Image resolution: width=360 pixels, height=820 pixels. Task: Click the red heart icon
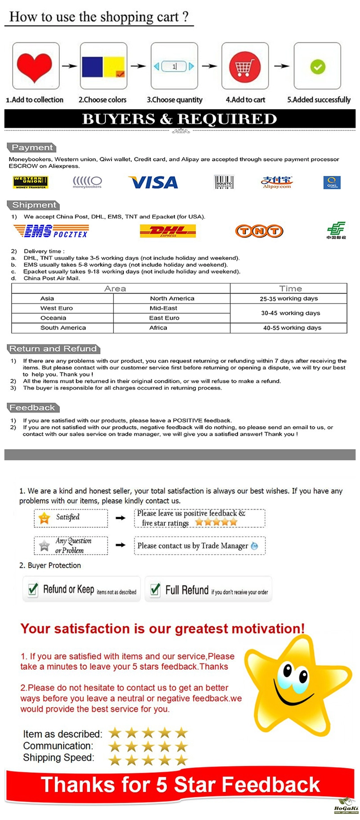[35, 66]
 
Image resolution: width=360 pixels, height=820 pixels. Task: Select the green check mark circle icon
[317, 67]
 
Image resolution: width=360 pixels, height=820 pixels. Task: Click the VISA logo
[153, 182]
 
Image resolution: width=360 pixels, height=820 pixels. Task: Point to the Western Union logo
[30, 182]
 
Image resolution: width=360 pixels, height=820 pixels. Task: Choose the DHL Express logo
[168, 231]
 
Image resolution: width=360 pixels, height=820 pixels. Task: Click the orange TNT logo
[259, 231]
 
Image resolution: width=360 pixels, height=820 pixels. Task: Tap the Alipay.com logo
[276, 182]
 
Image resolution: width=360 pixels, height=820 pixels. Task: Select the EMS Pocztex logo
[51, 231]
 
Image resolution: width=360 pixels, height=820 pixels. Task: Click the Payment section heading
[31, 148]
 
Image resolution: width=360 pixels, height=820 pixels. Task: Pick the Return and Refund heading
[54, 349]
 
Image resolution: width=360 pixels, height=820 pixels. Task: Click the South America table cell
[63, 328]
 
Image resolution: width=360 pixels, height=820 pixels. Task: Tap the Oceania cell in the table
[53, 318]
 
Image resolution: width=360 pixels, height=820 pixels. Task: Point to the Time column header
[290, 289]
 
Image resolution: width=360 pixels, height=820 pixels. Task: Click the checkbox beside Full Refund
[155, 589]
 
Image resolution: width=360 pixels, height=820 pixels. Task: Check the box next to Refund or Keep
[33, 589]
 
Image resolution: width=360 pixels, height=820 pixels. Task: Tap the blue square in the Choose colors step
[92, 67]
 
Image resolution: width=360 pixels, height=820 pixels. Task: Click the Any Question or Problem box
[71, 546]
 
